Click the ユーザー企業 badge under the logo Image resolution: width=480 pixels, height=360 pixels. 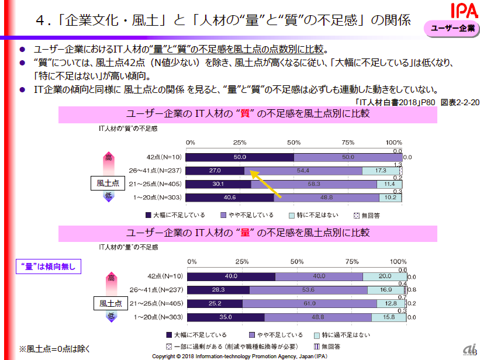tap(452, 29)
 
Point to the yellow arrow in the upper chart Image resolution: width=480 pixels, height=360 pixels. tap(265, 184)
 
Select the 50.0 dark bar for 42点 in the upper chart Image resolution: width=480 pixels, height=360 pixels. tap(239, 157)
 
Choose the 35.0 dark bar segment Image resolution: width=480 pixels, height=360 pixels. tap(225, 317)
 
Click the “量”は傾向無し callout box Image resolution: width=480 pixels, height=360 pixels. tap(48, 266)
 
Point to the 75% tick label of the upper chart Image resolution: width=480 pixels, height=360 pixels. tap(348, 143)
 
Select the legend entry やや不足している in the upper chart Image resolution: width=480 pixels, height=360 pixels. tap(247, 215)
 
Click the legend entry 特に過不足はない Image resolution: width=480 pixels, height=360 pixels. tap(347, 335)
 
